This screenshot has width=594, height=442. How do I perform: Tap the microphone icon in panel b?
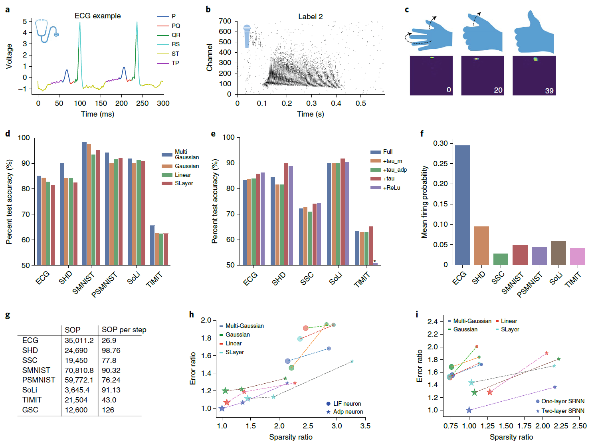pyautogui.click(x=247, y=36)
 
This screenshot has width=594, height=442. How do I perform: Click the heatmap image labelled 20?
pyautogui.click(x=482, y=75)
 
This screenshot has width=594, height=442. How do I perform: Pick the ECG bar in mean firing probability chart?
pyautogui.click(x=462, y=205)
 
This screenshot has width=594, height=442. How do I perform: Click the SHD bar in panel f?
pyautogui.click(x=481, y=245)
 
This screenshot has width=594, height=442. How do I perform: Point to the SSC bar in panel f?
pyautogui.click(x=501, y=259)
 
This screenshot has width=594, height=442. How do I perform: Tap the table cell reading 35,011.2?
pyautogui.click(x=79, y=341)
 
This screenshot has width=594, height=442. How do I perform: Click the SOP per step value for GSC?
pyautogui.click(x=108, y=410)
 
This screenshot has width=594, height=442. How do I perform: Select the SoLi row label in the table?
pyautogui.click(x=30, y=390)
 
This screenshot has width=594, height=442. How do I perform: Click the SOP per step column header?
pyautogui.click(x=124, y=330)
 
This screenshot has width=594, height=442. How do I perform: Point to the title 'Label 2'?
pyautogui.click(x=310, y=17)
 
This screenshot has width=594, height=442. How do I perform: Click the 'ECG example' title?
pyautogui.click(x=97, y=16)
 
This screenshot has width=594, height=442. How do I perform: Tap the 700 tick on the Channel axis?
pyautogui.click(x=225, y=21)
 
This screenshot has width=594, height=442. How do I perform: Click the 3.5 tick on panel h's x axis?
pyautogui.click(x=365, y=426)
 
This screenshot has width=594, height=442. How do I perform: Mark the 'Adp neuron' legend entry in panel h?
pyautogui.click(x=348, y=412)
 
